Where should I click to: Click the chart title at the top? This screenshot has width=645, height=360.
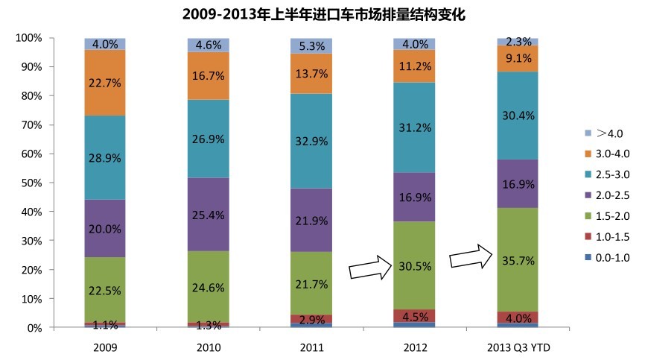coord(323,14)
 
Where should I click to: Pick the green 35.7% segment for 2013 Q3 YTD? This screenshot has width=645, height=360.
coord(518,259)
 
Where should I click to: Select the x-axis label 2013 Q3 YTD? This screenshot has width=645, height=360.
coord(518,347)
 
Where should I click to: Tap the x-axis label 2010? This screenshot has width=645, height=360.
coord(208,347)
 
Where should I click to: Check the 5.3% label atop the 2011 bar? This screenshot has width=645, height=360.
coord(311,47)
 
